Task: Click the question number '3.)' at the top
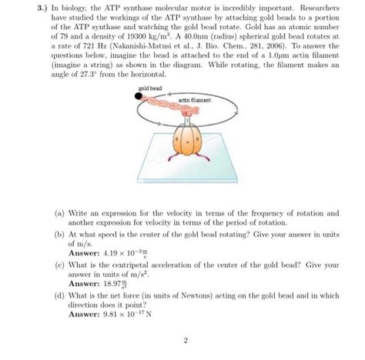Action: [26, 9]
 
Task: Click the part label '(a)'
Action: [59, 212]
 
